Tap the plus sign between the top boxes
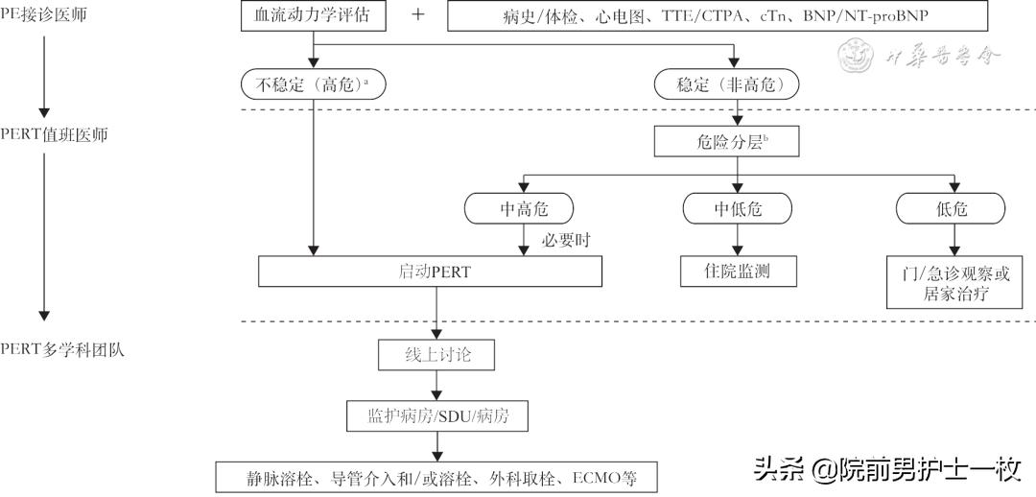[417, 16]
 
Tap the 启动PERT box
[430, 272]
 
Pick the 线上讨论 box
[436, 355]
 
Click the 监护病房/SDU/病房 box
[436, 416]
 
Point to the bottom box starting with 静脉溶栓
[437, 477]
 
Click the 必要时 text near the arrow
[563, 240]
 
